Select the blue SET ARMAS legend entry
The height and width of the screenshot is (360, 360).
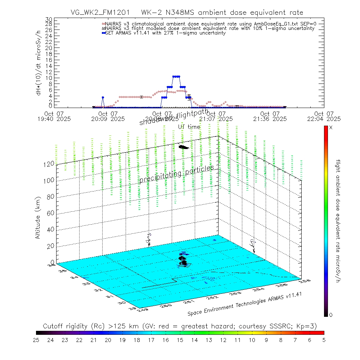coord(166,33)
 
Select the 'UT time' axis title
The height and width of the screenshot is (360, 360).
coord(189,126)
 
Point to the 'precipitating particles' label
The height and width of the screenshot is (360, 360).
coord(176,174)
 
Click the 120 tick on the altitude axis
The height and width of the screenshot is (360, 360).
coord(50,163)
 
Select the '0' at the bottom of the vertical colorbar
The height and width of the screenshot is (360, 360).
coord(331,315)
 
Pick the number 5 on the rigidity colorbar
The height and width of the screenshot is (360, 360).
coord(324,339)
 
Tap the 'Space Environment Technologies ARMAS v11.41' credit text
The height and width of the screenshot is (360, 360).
coord(244,304)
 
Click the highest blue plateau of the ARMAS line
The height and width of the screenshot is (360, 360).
coord(176,76)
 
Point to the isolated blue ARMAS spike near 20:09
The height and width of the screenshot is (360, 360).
coord(103,98)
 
